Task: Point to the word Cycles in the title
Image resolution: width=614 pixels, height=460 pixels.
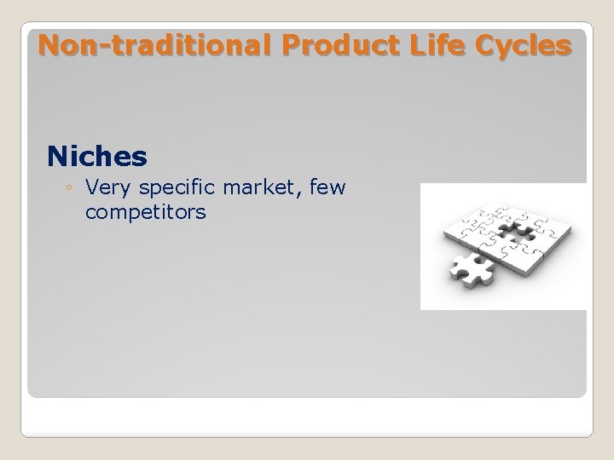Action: [522, 45]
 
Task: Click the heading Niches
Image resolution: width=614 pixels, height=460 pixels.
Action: [97, 156]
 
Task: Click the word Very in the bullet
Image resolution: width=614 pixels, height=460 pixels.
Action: [106, 187]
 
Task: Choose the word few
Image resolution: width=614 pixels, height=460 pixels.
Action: [327, 187]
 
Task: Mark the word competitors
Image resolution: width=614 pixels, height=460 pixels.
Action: [146, 212]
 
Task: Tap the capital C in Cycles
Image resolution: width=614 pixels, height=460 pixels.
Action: [483, 45]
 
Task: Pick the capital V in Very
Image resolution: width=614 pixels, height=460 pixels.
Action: [92, 187]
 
